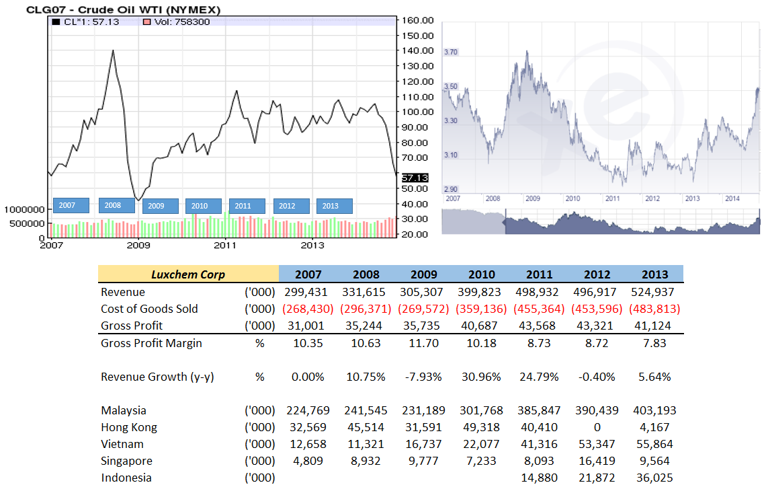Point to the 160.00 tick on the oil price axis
[x=417, y=20]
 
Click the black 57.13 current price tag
[x=415, y=178]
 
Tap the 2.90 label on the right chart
[x=451, y=190]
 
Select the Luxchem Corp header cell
[x=188, y=274]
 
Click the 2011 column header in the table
[x=540, y=274]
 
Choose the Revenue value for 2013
[x=654, y=292]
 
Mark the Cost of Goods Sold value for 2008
[x=366, y=309]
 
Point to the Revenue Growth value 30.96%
[x=481, y=377]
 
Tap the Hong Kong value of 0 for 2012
[x=597, y=427]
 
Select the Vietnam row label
[x=124, y=444]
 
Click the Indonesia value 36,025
[x=654, y=478]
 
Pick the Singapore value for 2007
[x=309, y=461]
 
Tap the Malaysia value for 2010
[x=481, y=410]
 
